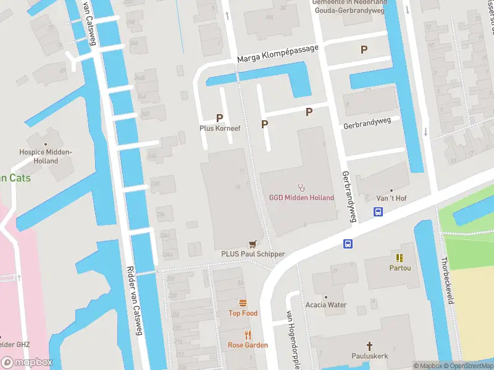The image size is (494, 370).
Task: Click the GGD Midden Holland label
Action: [301, 198]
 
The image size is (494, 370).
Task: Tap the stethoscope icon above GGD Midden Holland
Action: [301, 187]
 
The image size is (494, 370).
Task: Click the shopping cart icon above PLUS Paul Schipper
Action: [252, 244]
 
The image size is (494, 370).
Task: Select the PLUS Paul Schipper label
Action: [253, 254]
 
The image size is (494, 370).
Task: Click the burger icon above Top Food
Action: [243, 303]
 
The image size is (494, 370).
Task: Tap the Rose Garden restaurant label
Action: [248, 345]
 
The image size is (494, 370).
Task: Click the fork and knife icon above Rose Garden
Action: [248, 335]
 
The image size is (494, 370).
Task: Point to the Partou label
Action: [400, 268]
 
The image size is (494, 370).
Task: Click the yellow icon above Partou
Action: [400, 257]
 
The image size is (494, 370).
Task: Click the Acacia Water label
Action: [326, 305]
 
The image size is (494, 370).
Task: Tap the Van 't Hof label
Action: [391, 198]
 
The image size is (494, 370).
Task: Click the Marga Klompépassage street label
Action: [278, 54]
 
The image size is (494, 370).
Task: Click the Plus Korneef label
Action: [219, 128]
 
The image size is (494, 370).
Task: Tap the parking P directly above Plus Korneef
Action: [219, 117]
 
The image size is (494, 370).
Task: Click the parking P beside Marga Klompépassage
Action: [364, 49]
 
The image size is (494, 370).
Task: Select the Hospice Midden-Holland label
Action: [46, 156]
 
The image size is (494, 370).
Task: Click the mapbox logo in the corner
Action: [27, 362]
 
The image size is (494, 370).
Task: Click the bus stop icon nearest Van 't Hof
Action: [378, 212]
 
